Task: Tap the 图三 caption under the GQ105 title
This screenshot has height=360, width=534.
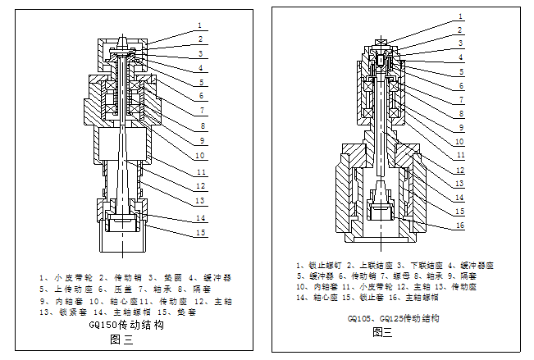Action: click(x=382, y=332)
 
